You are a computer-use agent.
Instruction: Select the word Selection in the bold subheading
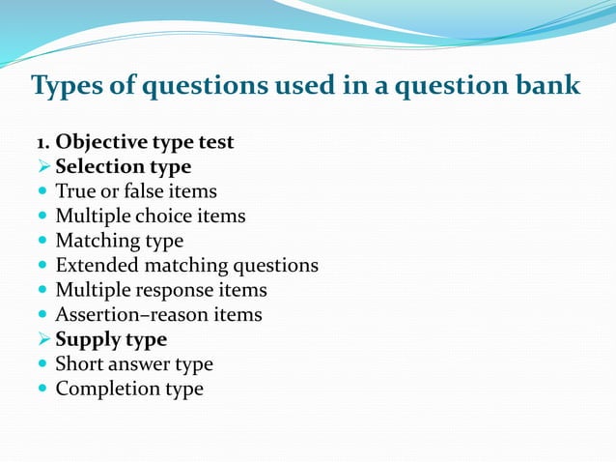(x=98, y=167)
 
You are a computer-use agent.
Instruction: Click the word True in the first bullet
(x=75, y=191)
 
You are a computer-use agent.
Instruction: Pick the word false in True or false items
(x=136, y=191)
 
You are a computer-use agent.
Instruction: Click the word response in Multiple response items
(x=175, y=290)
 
